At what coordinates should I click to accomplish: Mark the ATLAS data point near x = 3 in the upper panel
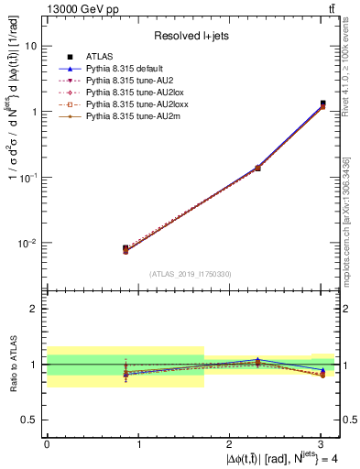tap(322, 104)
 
